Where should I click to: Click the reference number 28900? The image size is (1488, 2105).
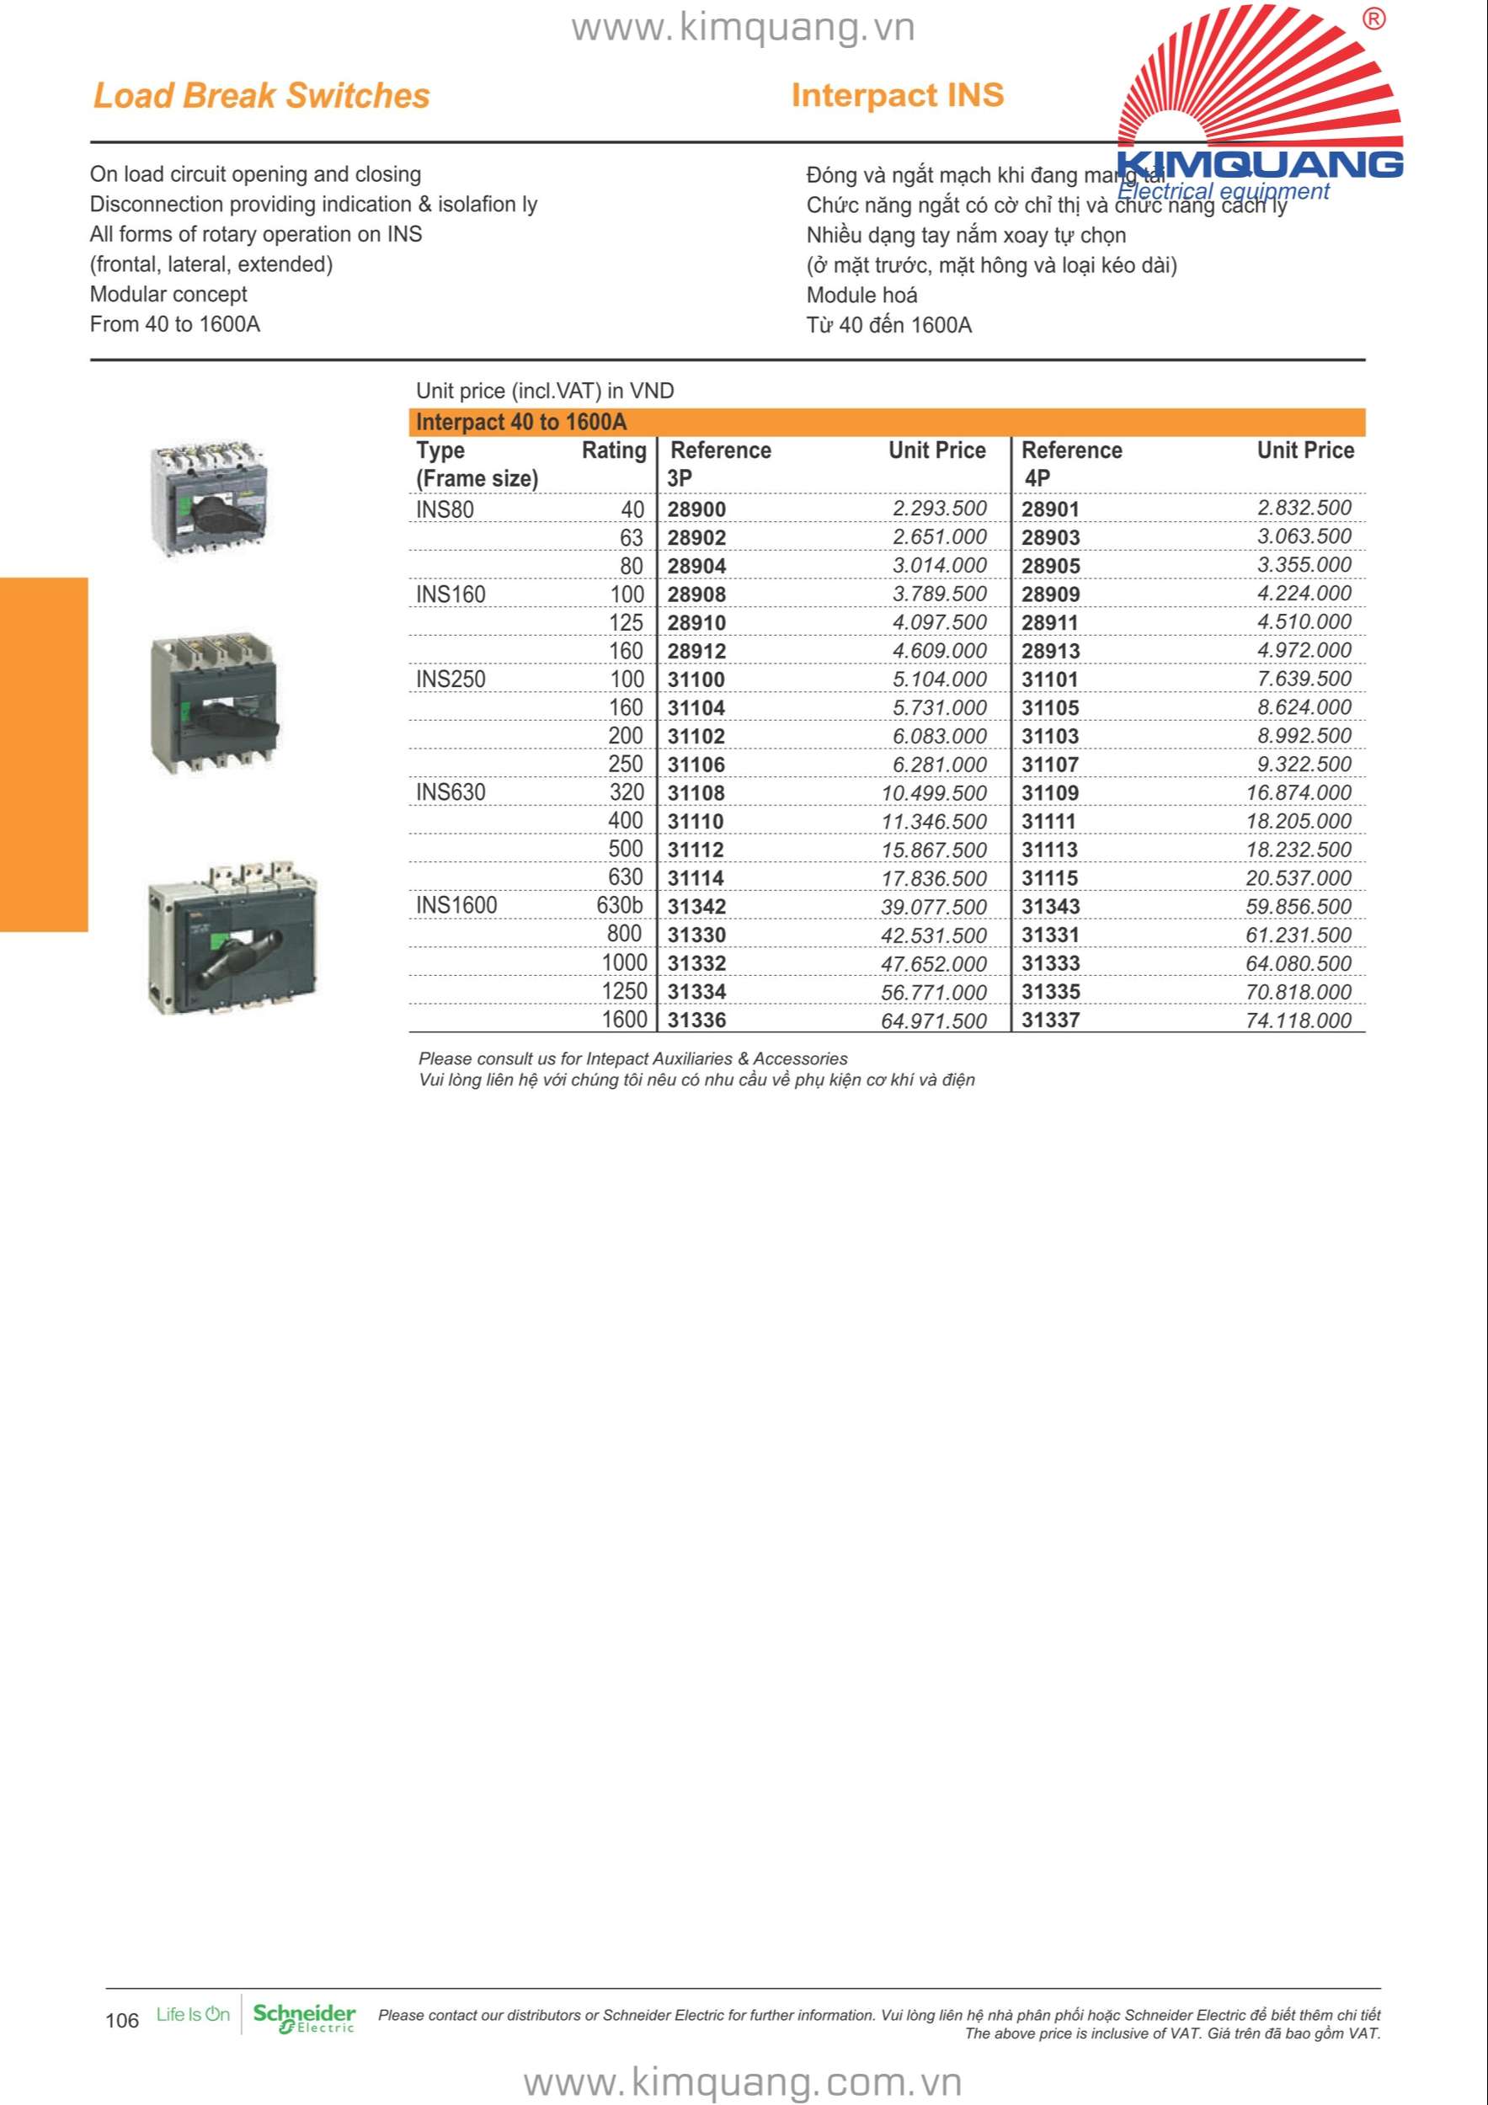click(696, 509)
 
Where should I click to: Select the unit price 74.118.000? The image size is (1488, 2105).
click(1298, 1021)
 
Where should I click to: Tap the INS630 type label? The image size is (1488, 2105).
click(451, 792)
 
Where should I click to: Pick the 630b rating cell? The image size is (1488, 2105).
click(620, 906)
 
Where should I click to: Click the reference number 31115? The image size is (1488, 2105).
click(1050, 878)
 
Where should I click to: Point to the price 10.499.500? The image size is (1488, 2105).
click(933, 793)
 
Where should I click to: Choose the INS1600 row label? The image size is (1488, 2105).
click(456, 906)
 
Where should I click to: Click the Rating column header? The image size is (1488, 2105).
click(613, 450)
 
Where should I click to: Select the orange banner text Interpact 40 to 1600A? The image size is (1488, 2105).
click(520, 423)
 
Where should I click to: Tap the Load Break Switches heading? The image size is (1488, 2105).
click(261, 95)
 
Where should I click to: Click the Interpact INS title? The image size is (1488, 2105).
click(898, 95)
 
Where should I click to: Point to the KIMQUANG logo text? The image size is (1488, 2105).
click(1260, 164)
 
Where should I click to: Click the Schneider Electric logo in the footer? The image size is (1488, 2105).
click(303, 2018)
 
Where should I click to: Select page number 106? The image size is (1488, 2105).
click(122, 2021)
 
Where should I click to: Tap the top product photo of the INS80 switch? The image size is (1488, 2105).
click(208, 498)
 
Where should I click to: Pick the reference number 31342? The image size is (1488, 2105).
click(696, 907)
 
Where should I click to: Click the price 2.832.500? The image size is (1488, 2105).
click(1304, 508)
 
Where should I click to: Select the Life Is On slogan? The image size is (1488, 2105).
click(193, 2014)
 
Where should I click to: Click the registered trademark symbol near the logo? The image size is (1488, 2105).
click(1373, 19)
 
